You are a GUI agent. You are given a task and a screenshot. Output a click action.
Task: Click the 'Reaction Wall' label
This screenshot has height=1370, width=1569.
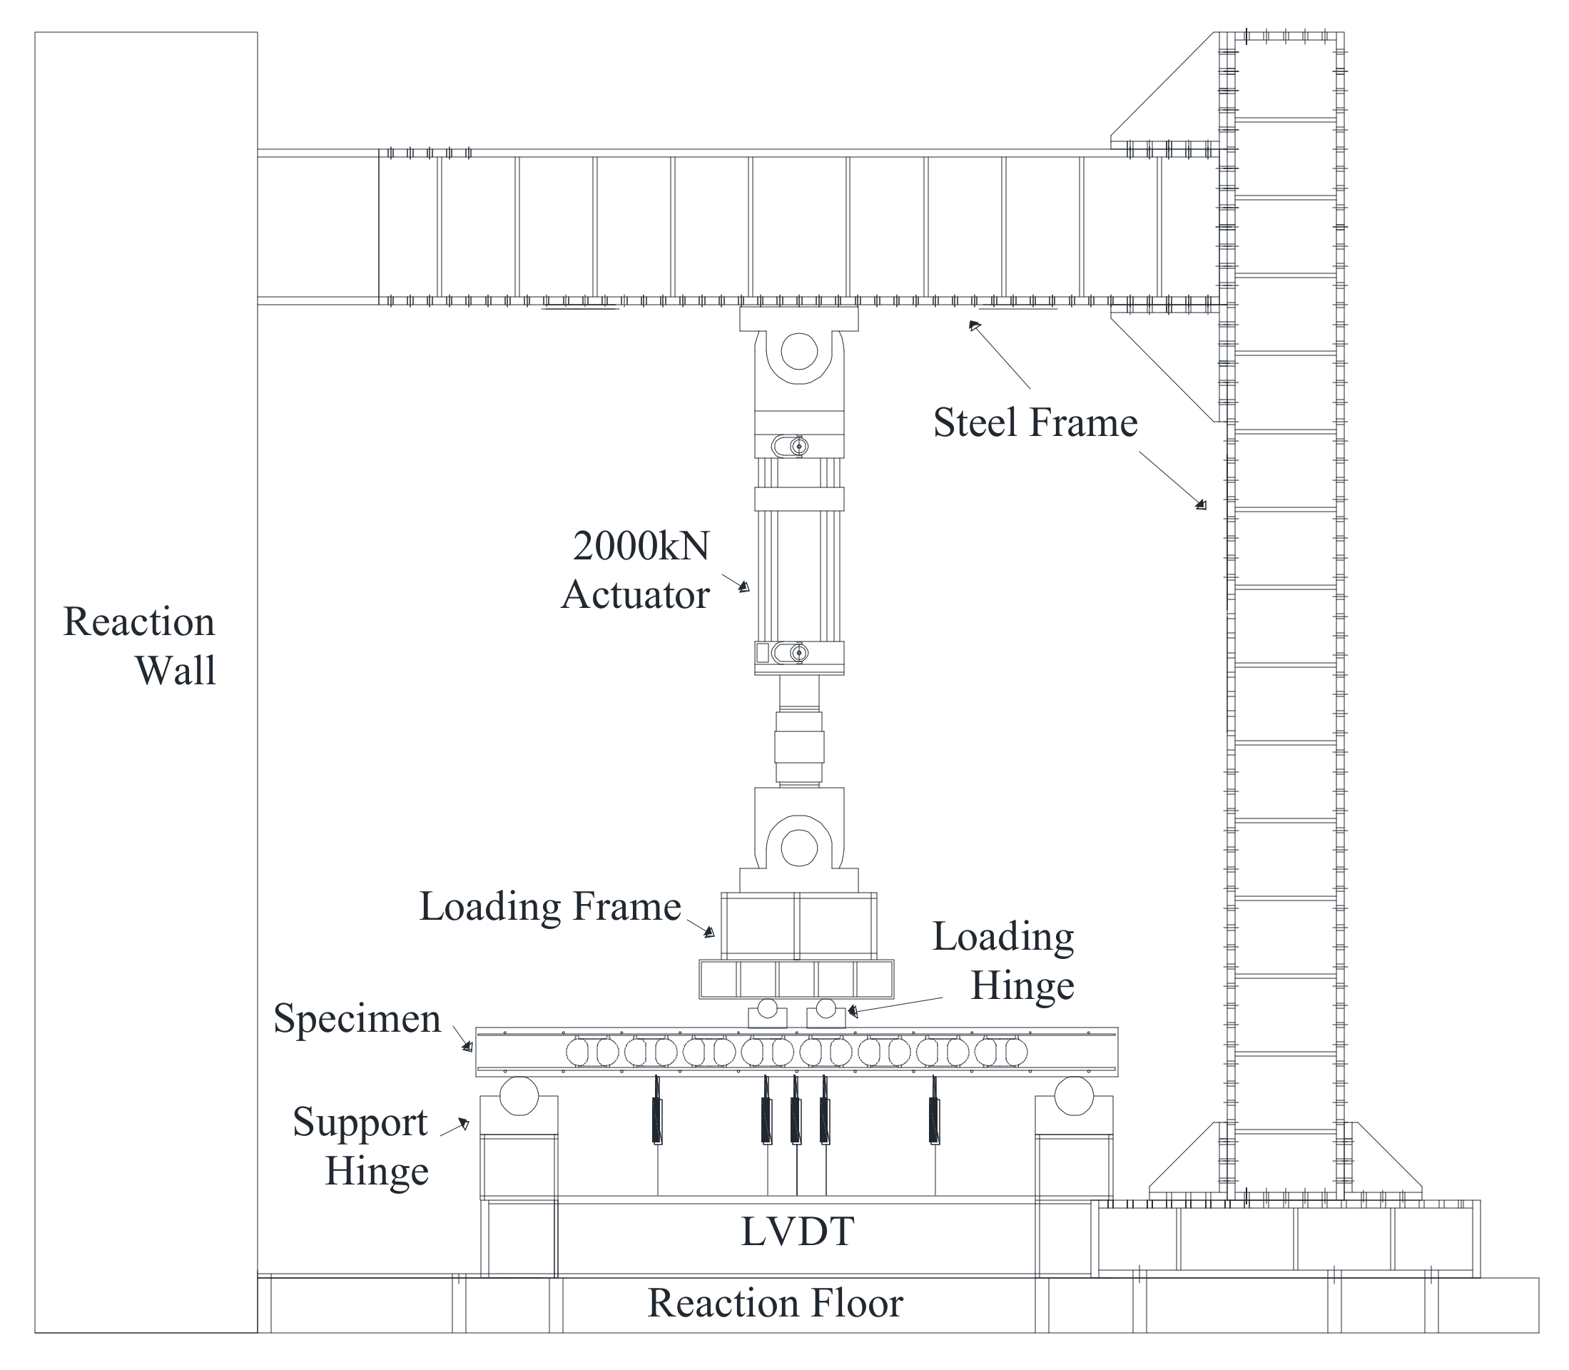tap(140, 645)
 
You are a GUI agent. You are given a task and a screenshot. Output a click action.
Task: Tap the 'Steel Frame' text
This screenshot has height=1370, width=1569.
tap(1035, 422)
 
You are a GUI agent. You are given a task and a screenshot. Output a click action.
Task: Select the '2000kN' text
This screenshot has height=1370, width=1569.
tap(641, 546)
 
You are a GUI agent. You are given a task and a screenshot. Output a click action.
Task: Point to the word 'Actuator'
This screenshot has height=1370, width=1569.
tap(636, 595)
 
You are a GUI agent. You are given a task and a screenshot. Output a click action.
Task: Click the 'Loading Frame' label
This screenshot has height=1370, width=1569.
tap(550, 907)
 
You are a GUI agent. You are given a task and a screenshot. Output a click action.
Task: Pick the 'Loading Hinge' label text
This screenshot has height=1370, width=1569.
tap(1003, 961)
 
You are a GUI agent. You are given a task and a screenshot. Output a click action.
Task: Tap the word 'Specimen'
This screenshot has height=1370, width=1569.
tap(357, 1019)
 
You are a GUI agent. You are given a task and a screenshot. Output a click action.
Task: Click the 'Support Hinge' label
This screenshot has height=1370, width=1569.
tap(360, 1146)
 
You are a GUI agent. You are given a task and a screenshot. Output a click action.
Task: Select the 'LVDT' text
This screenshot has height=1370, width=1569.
tap(798, 1232)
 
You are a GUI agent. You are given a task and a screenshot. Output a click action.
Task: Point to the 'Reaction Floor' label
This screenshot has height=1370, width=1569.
tap(776, 1304)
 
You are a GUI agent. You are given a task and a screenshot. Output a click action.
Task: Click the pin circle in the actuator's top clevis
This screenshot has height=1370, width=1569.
tap(799, 352)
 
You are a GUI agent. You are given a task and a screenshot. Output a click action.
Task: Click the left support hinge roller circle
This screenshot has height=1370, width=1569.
tap(519, 1095)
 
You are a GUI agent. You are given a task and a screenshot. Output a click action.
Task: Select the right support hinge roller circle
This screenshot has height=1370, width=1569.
tap(1074, 1095)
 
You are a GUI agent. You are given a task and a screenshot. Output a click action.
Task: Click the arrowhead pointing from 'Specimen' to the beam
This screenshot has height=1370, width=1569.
tap(467, 1047)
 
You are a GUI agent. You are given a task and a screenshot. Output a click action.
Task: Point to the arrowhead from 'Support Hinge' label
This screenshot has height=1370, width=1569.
tap(463, 1123)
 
